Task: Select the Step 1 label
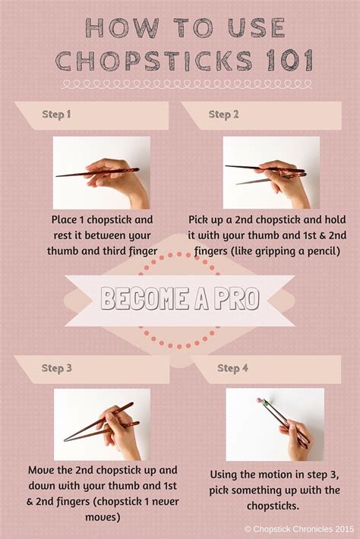point(55,115)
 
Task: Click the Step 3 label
point(57,368)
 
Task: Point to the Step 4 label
point(233,368)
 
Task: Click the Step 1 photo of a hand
point(101,172)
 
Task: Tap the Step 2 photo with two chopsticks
point(271,172)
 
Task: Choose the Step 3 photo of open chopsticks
point(102,424)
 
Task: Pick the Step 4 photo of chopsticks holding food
point(275,424)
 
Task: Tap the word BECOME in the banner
point(144,298)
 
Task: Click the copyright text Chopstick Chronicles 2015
point(301,528)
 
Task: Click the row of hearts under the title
point(179,83)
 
